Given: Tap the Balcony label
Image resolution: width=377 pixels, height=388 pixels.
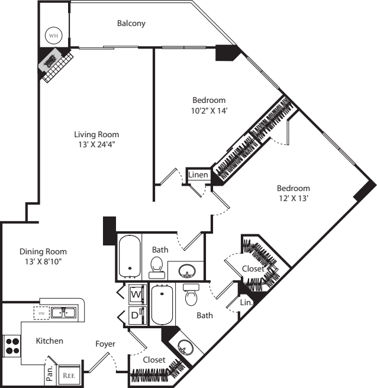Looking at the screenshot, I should pos(131,24).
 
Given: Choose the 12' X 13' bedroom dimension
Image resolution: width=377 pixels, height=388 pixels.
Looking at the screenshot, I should pos(294,199).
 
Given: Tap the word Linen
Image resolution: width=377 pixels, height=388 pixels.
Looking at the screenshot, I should pos(197,175).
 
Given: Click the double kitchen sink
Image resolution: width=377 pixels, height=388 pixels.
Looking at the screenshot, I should pos(62,312).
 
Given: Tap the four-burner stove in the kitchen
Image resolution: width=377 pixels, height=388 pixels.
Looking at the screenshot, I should pos(12,344).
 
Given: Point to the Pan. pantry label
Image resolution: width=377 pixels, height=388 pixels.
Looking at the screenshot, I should pos(50,373).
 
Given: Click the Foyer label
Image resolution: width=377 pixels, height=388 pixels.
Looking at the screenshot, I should pos(105,344).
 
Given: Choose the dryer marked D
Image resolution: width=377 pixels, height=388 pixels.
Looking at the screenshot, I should pos(135,316).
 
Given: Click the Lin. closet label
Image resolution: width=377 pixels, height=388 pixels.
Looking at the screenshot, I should pos(246,302).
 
